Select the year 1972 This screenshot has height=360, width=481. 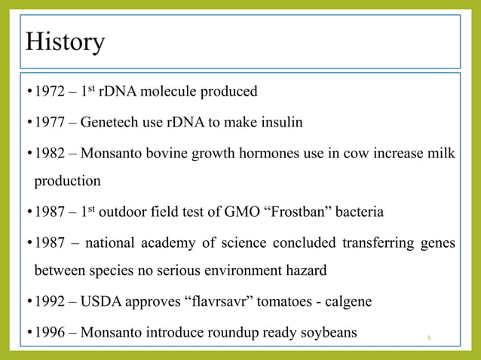tap(51, 92)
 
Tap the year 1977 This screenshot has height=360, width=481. tap(51, 122)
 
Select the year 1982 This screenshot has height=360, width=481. tap(51, 152)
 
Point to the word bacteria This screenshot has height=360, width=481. tap(359, 212)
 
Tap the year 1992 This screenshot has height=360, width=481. tap(51, 303)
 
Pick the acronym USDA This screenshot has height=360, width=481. tap(102, 303)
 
